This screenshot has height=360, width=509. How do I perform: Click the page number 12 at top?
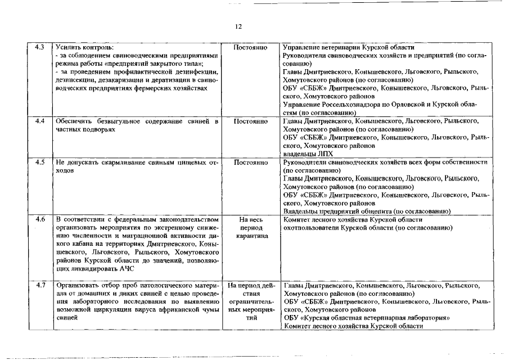click(x=254, y=26)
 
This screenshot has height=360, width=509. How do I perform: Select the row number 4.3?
click(x=39, y=47)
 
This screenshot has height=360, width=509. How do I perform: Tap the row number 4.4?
click(x=39, y=121)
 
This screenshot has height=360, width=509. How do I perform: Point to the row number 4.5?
click(x=39, y=163)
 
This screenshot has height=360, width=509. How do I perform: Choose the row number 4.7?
click(x=39, y=286)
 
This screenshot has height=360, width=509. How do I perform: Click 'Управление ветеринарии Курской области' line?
click(x=349, y=47)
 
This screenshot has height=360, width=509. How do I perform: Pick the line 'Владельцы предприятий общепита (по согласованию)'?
click(x=366, y=211)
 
